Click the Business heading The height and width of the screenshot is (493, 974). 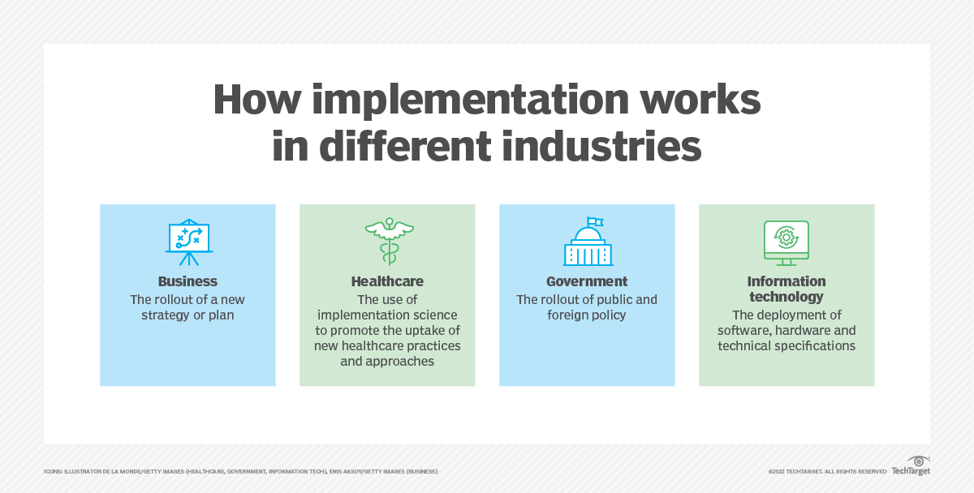[187, 282]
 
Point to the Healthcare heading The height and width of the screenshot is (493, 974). [387, 282]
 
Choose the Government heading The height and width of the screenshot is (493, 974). [587, 282]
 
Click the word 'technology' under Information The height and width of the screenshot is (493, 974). [787, 297]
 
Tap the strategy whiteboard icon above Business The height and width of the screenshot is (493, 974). [188, 242]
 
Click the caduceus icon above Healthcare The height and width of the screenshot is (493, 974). [388, 242]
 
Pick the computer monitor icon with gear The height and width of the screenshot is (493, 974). [786, 242]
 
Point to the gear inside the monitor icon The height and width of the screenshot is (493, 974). [786, 237]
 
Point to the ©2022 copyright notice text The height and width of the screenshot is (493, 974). [826, 471]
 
